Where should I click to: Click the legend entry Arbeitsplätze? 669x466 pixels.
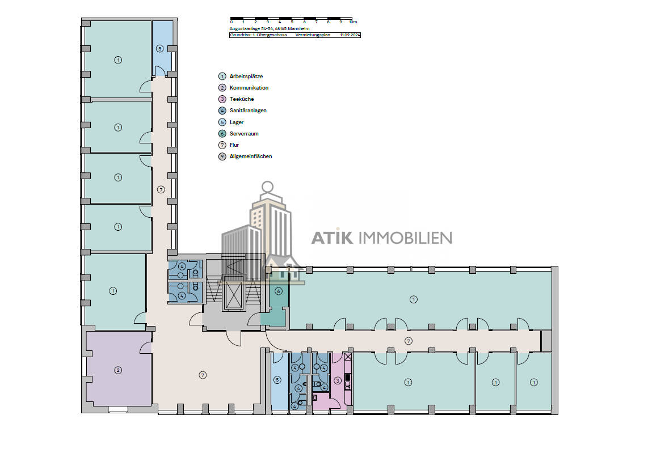246,77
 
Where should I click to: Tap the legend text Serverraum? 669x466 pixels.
243,134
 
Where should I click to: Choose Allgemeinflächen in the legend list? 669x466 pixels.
250,156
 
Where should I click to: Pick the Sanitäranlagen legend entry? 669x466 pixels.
248,111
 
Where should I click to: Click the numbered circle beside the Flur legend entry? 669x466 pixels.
222,145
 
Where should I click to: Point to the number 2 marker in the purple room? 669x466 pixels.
118,370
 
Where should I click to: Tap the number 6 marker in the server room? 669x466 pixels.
278,291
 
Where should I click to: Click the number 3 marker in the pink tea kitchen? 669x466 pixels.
338,380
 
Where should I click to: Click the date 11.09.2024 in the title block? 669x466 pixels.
350,35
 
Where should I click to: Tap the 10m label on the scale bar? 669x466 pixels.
353,22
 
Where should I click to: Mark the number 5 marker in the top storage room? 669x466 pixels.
159,49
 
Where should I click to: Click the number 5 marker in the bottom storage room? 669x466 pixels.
277,380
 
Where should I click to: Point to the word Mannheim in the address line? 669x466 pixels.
298,28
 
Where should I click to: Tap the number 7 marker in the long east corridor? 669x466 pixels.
408,340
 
